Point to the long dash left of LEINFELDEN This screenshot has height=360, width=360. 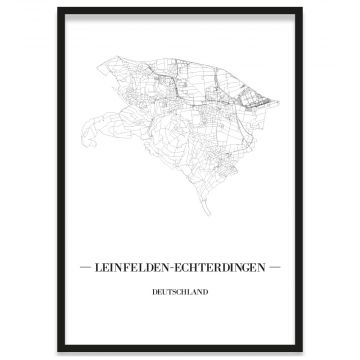[84, 268]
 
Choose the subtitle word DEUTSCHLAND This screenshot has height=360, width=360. [180, 293]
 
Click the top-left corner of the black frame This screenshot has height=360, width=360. [58, 8]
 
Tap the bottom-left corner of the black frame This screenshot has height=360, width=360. [58, 351]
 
